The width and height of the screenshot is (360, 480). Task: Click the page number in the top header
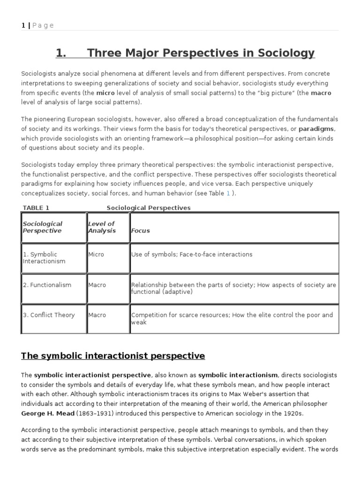click(23, 25)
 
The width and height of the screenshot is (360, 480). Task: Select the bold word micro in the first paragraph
click(106, 93)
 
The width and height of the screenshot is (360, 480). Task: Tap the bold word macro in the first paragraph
click(321, 93)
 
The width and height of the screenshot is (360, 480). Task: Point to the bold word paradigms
click(317, 129)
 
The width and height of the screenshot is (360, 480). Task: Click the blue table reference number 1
click(228, 193)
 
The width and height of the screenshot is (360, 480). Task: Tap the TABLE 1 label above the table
click(36, 208)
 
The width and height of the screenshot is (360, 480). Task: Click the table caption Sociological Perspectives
click(149, 208)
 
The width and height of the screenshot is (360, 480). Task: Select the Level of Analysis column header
click(102, 227)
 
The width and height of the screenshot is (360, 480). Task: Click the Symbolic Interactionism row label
click(44, 257)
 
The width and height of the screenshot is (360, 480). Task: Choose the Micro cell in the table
click(96, 254)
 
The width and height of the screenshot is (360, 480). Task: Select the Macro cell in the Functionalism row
click(97, 285)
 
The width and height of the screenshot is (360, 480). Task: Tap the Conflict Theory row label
click(49, 315)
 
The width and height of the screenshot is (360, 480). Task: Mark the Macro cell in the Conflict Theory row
click(97, 315)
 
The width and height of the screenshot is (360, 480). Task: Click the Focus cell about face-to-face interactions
click(192, 254)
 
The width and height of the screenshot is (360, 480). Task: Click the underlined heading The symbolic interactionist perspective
click(113, 356)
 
